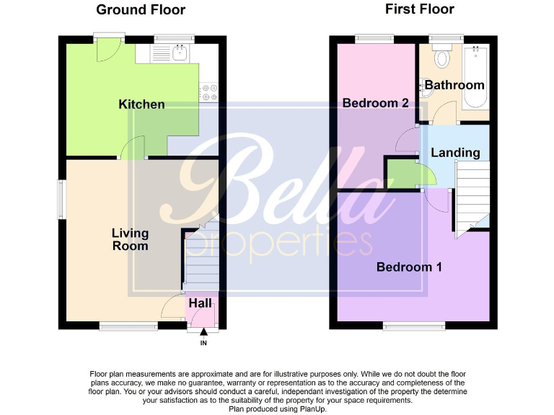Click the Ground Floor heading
pos(141,10)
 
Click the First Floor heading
pos(420,9)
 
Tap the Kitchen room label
pos(141,104)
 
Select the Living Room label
pos(130,239)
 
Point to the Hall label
pos(201,303)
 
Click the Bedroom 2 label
pos(375,103)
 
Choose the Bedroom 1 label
pos(409,267)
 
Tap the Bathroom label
pos(454,85)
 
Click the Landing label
pos(455,153)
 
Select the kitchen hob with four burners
pos(210,92)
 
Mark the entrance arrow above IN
pos(203,332)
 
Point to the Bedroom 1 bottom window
pos(407,325)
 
